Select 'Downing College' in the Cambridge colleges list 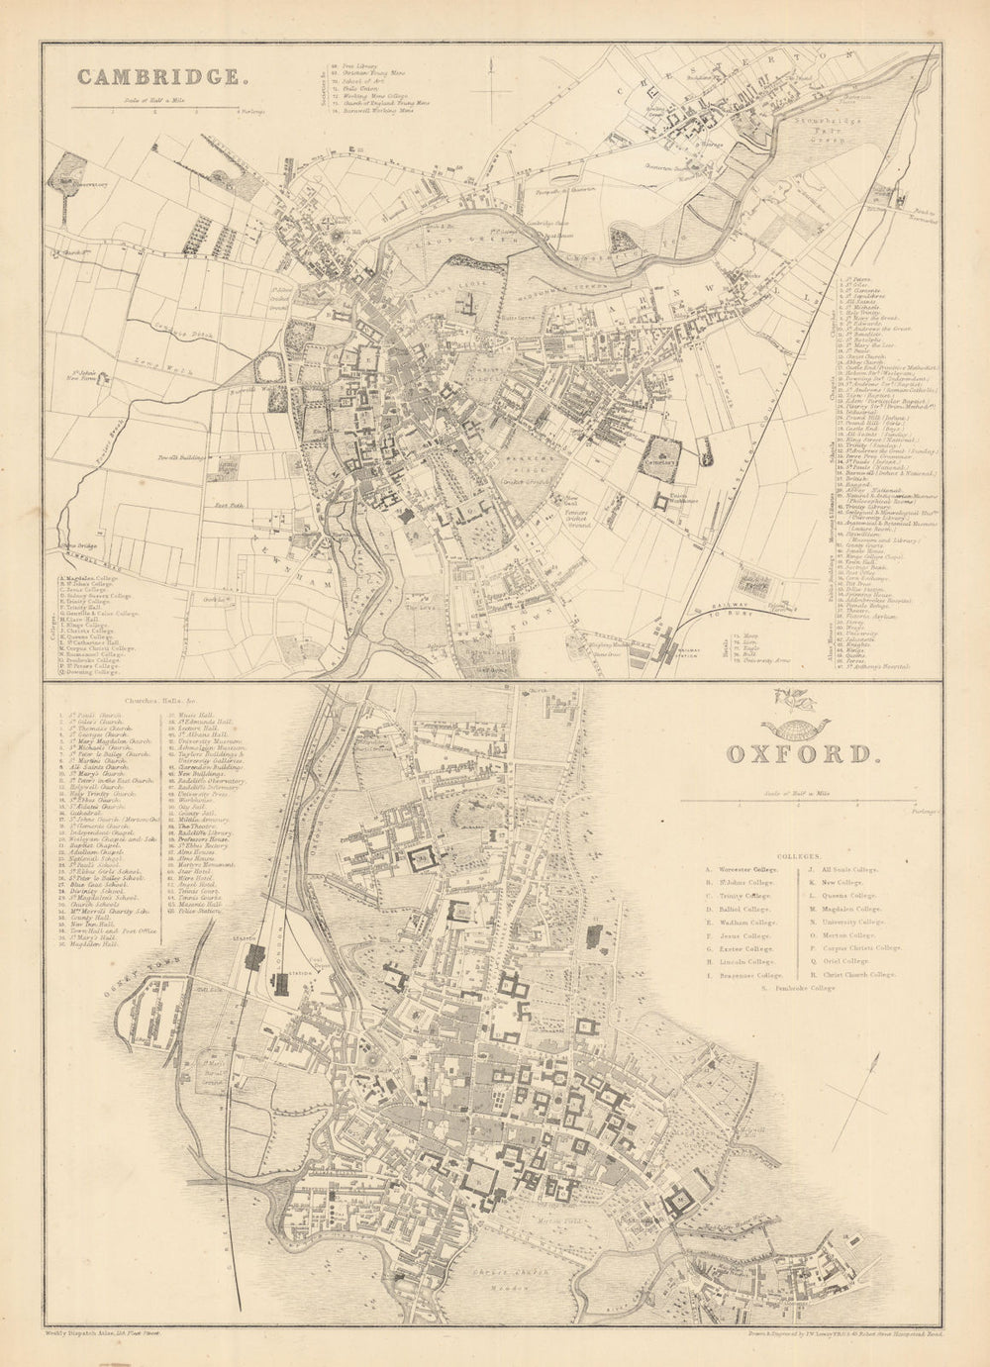click(93, 673)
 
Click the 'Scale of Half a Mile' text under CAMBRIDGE click(158, 100)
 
